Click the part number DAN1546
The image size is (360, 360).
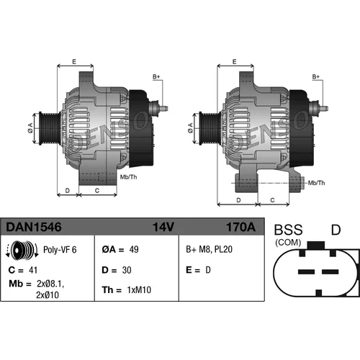(34, 227)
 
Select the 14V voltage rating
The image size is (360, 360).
(163, 227)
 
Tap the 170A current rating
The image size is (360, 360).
(240, 227)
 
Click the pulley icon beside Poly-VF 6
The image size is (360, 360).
(22, 249)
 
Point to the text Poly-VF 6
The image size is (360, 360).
(60, 250)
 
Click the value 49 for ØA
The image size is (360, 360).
(134, 250)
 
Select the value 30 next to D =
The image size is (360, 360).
(127, 270)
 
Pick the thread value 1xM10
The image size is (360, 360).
(139, 290)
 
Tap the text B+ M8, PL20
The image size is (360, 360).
(209, 250)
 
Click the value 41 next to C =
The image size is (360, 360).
(33, 270)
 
